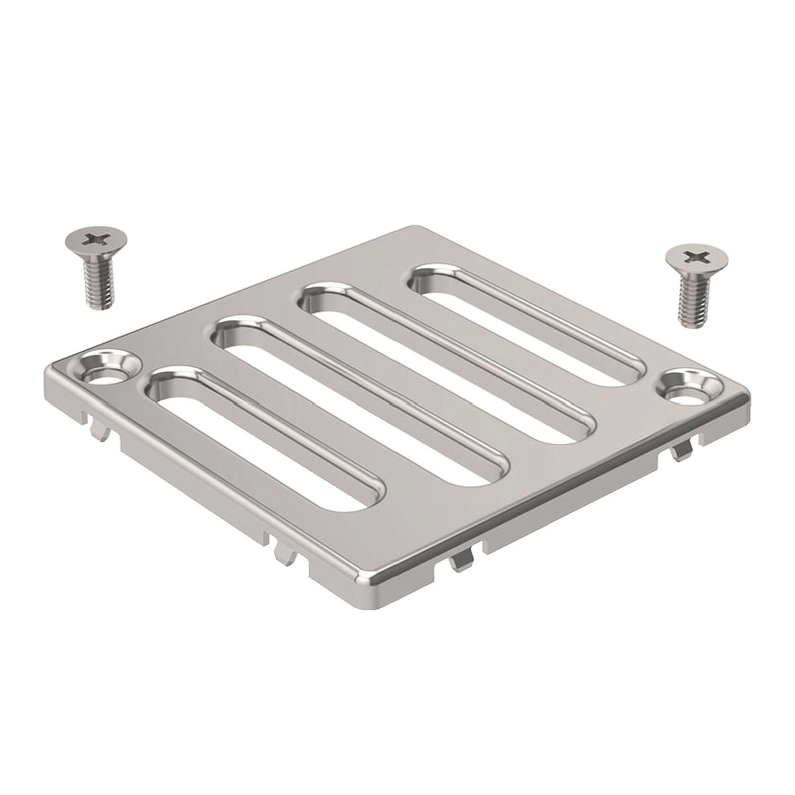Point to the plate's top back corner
[x=414, y=229]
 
